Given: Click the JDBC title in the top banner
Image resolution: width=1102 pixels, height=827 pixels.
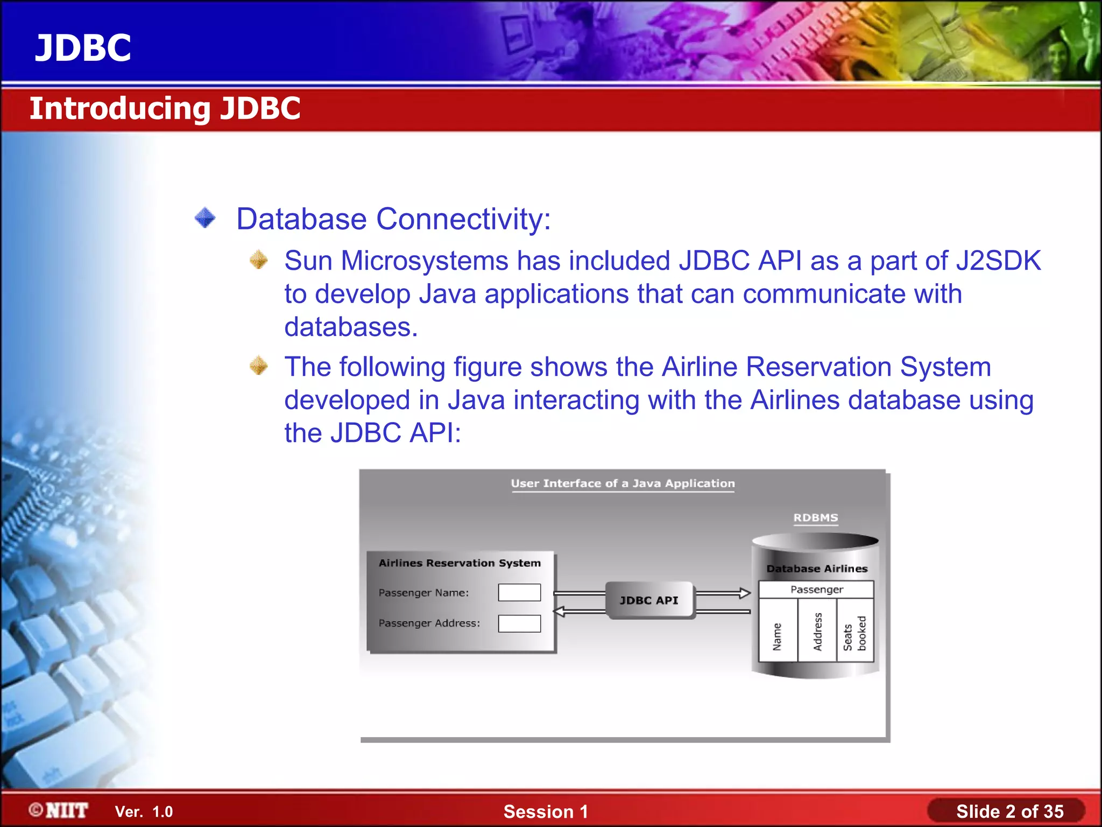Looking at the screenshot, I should click(x=83, y=48).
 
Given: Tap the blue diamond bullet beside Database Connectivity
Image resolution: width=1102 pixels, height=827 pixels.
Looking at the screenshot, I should click(x=205, y=218).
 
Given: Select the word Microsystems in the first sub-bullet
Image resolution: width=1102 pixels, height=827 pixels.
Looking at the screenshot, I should click(x=424, y=261).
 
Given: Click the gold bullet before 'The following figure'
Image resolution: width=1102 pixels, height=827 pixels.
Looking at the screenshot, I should click(x=259, y=366).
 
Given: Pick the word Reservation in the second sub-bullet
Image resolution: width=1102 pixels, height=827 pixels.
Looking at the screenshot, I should click(x=819, y=367).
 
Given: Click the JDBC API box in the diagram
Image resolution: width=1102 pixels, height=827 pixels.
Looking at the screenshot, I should click(x=649, y=600).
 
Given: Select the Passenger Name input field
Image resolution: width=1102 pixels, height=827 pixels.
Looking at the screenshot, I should click(x=519, y=592).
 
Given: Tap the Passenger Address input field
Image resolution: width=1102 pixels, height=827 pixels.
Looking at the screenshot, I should click(x=519, y=623).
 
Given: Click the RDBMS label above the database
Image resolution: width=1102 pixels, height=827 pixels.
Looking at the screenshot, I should click(x=816, y=517).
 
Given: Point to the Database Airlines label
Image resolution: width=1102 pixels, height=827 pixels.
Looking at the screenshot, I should click(x=817, y=569).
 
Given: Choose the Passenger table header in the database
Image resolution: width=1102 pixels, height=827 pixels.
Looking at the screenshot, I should click(x=816, y=590).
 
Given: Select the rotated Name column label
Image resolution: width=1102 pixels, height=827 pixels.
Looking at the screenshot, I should click(x=777, y=637).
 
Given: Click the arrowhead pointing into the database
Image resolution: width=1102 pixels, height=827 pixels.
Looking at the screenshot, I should click(x=745, y=593).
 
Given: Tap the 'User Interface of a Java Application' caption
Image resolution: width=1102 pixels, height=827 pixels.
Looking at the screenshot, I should click(x=623, y=483).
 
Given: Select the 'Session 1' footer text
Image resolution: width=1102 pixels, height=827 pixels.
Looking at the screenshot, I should click(x=546, y=811).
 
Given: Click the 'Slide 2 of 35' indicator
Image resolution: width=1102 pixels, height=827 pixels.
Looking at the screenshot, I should click(x=1009, y=811).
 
